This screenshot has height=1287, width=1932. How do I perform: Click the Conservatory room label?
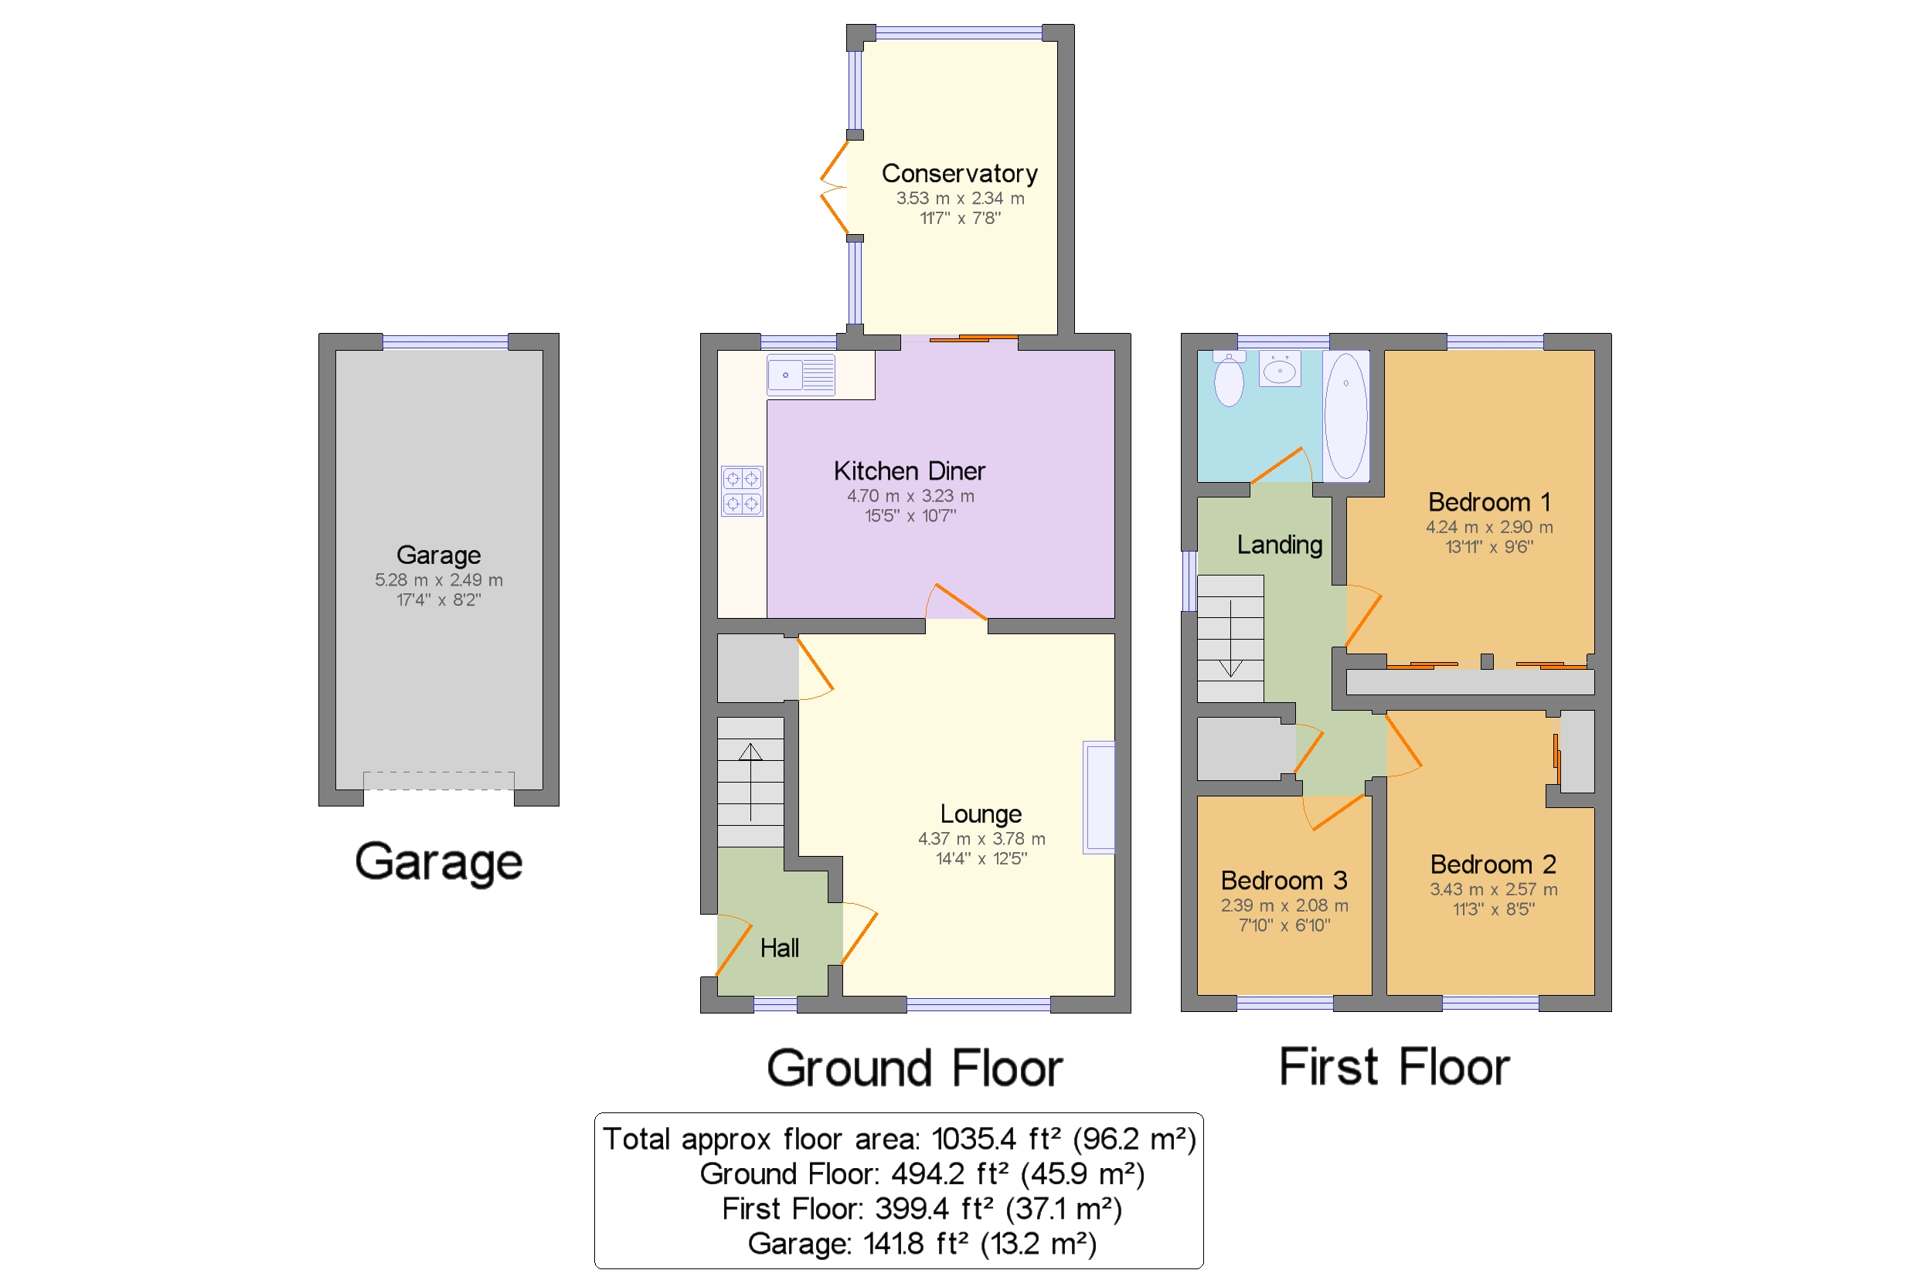coord(959,174)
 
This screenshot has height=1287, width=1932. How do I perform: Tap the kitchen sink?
coord(801,375)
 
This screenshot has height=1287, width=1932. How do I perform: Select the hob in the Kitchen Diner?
coord(741,491)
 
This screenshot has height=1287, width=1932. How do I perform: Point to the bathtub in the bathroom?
coord(1345,416)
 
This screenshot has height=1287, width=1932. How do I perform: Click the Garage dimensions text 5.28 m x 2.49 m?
coord(438,580)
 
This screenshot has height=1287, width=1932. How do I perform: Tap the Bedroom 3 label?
coord(1284,881)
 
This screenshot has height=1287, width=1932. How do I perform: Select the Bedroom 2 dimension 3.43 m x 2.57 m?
coord(1493,890)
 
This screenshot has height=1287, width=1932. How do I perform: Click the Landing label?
coord(1279,545)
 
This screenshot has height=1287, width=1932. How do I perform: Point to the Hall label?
coord(779,949)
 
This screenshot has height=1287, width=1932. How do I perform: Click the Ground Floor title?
coord(914,1068)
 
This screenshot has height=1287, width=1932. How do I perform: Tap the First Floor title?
coord(1394,1067)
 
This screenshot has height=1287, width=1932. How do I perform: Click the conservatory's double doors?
coord(834,187)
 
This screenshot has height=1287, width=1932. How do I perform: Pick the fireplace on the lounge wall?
coord(1099,798)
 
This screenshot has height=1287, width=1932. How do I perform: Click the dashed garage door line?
coord(438,780)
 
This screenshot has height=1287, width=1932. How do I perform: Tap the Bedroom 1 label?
coord(1488,502)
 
